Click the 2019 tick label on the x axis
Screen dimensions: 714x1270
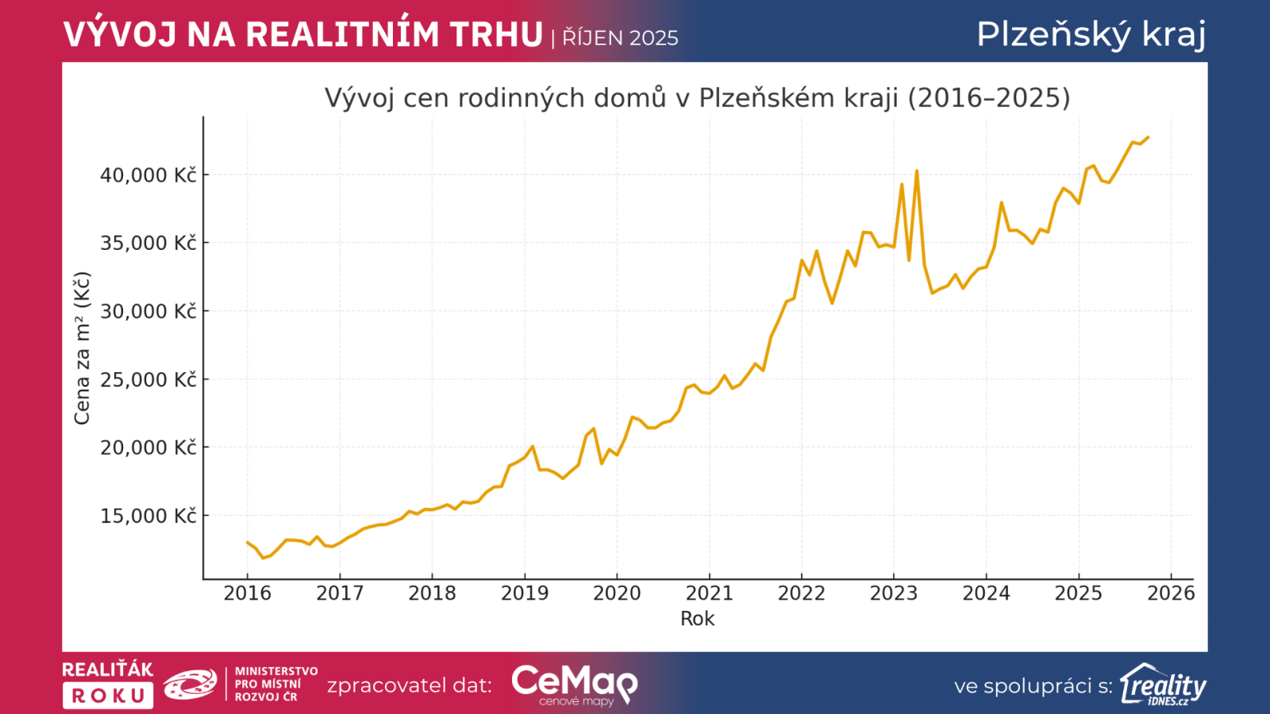[x=524, y=593]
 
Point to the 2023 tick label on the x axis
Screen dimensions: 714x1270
[x=893, y=593]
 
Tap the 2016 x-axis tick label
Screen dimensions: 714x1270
[x=247, y=593]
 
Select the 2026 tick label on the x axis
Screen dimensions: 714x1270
[x=1171, y=593]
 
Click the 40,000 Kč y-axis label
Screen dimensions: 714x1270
[x=148, y=175]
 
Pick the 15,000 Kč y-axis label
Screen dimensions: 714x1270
[x=148, y=516]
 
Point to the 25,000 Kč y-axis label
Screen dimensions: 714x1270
[x=148, y=380]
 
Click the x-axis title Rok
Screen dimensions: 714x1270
[x=697, y=619]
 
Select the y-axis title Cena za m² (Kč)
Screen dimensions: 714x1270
[x=82, y=347]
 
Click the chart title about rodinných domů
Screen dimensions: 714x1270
[x=697, y=98]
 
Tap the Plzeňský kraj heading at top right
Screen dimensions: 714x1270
[x=1091, y=34]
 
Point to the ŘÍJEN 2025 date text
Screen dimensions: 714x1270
[x=620, y=38]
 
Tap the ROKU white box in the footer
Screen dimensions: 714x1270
[x=108, y=696]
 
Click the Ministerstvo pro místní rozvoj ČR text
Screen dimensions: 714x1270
[x=275, y=684]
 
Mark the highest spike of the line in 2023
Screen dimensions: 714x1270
[x=916, y=171]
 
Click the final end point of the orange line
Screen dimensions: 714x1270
[x=1148, y=137]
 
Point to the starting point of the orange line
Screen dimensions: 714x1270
[x=247, y=543]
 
